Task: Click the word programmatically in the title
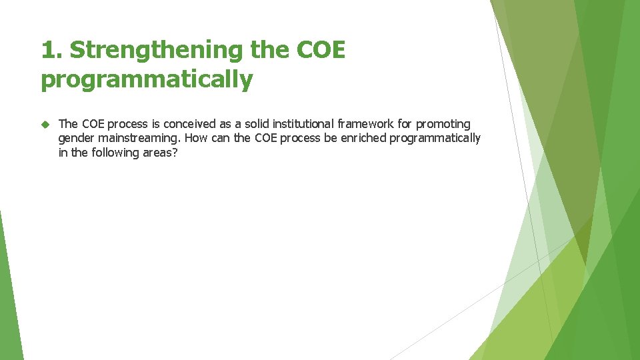pyautogui.click(x=147, y=80)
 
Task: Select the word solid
pyautogui.click(x=257, y=124)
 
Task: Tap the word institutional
pyautogui.click(x=303, y=124)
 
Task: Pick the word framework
pyautogui.click(x=367, y=124)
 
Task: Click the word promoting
pyautogui.click(x=443, y=124)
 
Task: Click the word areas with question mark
pyautogui.click(x=160, y=152)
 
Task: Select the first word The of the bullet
pyautogui.click(x=69, y=124)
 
